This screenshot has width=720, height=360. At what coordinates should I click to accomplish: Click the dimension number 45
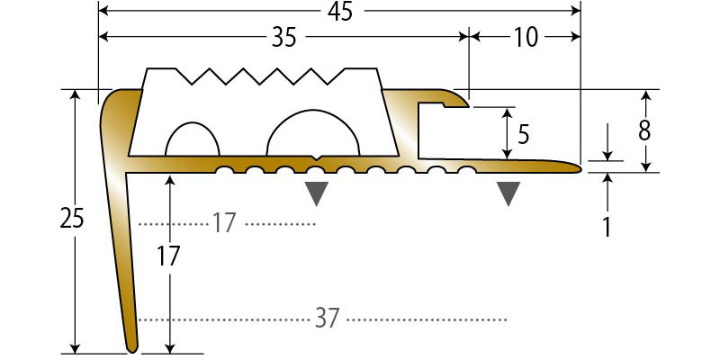click(x=340, y=12)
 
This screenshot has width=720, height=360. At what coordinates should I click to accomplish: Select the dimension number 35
click(x=284, y=38)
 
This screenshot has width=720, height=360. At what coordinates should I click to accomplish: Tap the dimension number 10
click(x=526, y=38)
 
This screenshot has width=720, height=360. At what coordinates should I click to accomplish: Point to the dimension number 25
click(x=72, y=218)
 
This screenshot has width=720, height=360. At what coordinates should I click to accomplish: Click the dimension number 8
click(x=644, y=131)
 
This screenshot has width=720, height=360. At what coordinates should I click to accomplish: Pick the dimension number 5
click(x=524, y=135)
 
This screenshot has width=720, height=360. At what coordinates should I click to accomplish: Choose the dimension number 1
click(x=607, y=228)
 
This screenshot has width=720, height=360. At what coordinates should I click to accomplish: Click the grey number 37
click(x=328, y=319)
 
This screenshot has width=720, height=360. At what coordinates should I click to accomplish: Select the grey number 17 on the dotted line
click(x=223, y=223)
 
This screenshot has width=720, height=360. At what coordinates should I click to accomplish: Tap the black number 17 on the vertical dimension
click(x=168, y=256)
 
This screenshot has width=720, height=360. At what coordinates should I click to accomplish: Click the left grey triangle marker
click(x=317, y=193)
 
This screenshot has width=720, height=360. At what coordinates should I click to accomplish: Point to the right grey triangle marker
click(x=508, y=193)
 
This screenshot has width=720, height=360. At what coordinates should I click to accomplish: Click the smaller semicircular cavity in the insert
click(x=193, y=139)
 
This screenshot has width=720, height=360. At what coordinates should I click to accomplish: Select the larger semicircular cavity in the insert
click(x=312, y=132)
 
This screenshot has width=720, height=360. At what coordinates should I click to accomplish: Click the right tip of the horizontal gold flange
click(x=581, y=169)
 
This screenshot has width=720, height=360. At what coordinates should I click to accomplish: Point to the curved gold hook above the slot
click(x=454, y=99)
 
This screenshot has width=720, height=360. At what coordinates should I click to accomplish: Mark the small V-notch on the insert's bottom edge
click(x=316, y=158)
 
